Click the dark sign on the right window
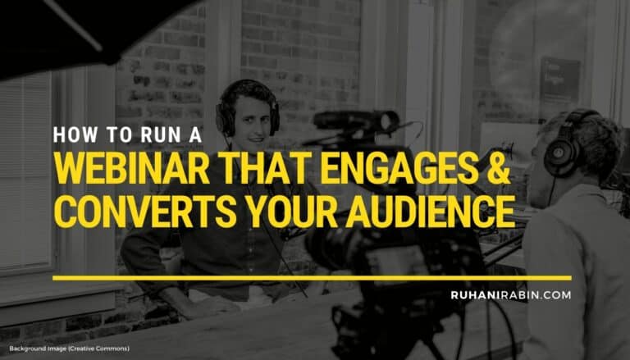[560, 77]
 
